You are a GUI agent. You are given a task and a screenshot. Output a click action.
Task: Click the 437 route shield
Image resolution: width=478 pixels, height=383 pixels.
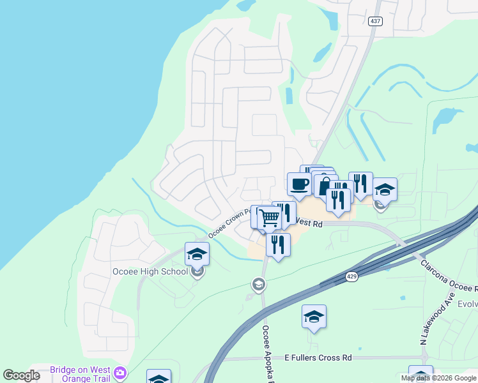[375, 21]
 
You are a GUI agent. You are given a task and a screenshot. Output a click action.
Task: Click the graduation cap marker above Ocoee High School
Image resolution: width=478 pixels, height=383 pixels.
[197, 255]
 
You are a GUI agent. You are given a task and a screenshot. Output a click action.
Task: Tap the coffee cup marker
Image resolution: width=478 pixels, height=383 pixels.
[299, 185]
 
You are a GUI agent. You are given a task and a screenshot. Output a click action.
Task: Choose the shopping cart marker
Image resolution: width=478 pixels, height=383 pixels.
[270, 218]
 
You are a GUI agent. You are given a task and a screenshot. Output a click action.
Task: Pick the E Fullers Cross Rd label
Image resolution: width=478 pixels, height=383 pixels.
[318, 358]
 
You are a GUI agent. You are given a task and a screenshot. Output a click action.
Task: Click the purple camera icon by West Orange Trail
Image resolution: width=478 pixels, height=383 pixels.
[119, 372]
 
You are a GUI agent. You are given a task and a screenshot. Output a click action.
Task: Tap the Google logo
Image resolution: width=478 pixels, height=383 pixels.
[21, 375]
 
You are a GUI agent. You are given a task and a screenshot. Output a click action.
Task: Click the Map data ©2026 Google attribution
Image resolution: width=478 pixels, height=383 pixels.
[439, 378]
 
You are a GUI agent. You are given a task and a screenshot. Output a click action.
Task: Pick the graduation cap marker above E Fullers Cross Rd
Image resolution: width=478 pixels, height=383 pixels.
[314, 317]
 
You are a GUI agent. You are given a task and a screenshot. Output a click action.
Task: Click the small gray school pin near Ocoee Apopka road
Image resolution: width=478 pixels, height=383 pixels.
[258, 284]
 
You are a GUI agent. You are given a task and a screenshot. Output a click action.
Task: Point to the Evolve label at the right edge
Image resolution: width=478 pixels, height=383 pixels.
[466, 304]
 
